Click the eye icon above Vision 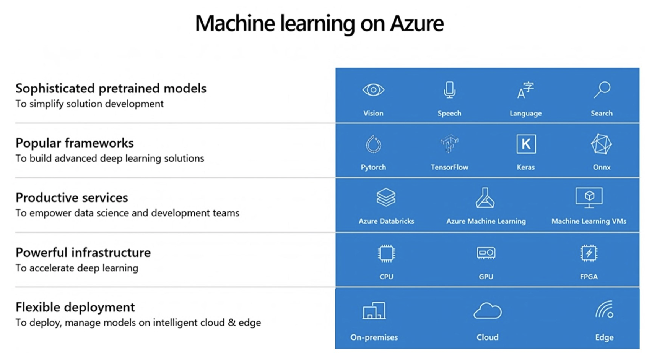pyautogui.click(x=373, y=90)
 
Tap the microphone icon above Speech pyautogui.click(x=449, y=90)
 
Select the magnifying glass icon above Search pyautogui.click(x=602, y=90)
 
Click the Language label pyautogui.click(x=525, y=113)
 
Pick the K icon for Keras pyautogui.click(x=526, y=144)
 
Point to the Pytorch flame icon pyautogui.click(x=373, y=144)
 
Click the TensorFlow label pyautogui.click(x=449, y=167)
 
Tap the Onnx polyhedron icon pyautogui.click(x=602, y=144)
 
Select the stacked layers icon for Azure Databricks pyautogui.click(x=386, y=198)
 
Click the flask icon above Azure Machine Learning pyautogui.click(x=485, y=198)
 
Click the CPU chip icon pyautogui.click(x=386, y=253)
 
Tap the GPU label pyautogui.click(x=486, y=277)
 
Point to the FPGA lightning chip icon pyautogui.click(x=589, y=253)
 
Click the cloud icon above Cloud pyautogui.click(x=487, y=311)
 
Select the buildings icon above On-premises pyautogui.click(x=374, y=311)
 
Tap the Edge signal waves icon pyautogui.click(x=604, y=310)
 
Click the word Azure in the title pyautogui.click(x=416, y=23)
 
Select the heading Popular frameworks pyautogui.click(x=75, y=143)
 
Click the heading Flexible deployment pyautogui.click(x=75, y=307)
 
